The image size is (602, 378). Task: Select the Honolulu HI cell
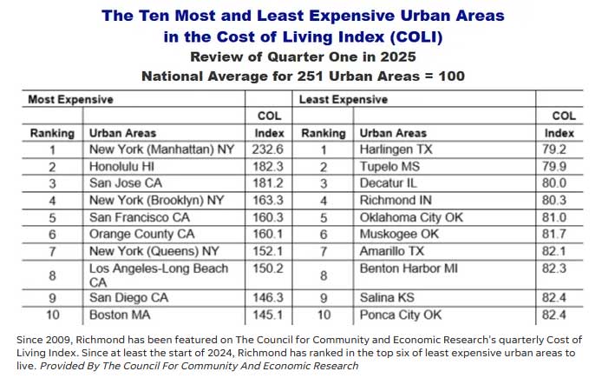point(123,166)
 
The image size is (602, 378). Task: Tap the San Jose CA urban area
point(126,182)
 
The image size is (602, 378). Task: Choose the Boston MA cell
point(120,315)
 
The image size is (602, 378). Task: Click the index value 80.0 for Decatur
point(561,182)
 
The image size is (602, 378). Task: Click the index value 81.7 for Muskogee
point(561,233)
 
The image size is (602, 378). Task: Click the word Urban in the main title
point(404,16)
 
